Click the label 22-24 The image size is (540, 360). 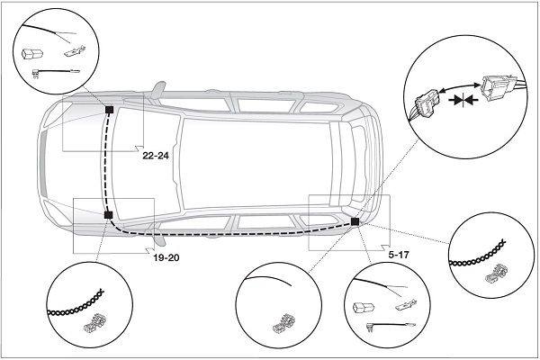[156, 156]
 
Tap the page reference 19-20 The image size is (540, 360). [166, 257]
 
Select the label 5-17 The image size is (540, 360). [399, 255]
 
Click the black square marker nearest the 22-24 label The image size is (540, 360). [109, 110]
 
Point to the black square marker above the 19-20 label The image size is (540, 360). [108, 215]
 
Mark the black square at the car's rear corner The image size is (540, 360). [355, 221]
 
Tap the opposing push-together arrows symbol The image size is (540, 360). [463, 100]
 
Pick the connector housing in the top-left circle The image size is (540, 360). [32, 54]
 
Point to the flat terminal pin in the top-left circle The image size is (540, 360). [75, 51]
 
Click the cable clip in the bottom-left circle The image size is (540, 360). [94, 323]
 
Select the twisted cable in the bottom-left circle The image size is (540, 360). [75, 304]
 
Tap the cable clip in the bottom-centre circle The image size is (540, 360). [283, 324]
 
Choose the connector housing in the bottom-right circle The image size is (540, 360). [364, 307]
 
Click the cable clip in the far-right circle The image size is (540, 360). [496, 274]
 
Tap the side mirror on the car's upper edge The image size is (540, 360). [158, 90]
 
